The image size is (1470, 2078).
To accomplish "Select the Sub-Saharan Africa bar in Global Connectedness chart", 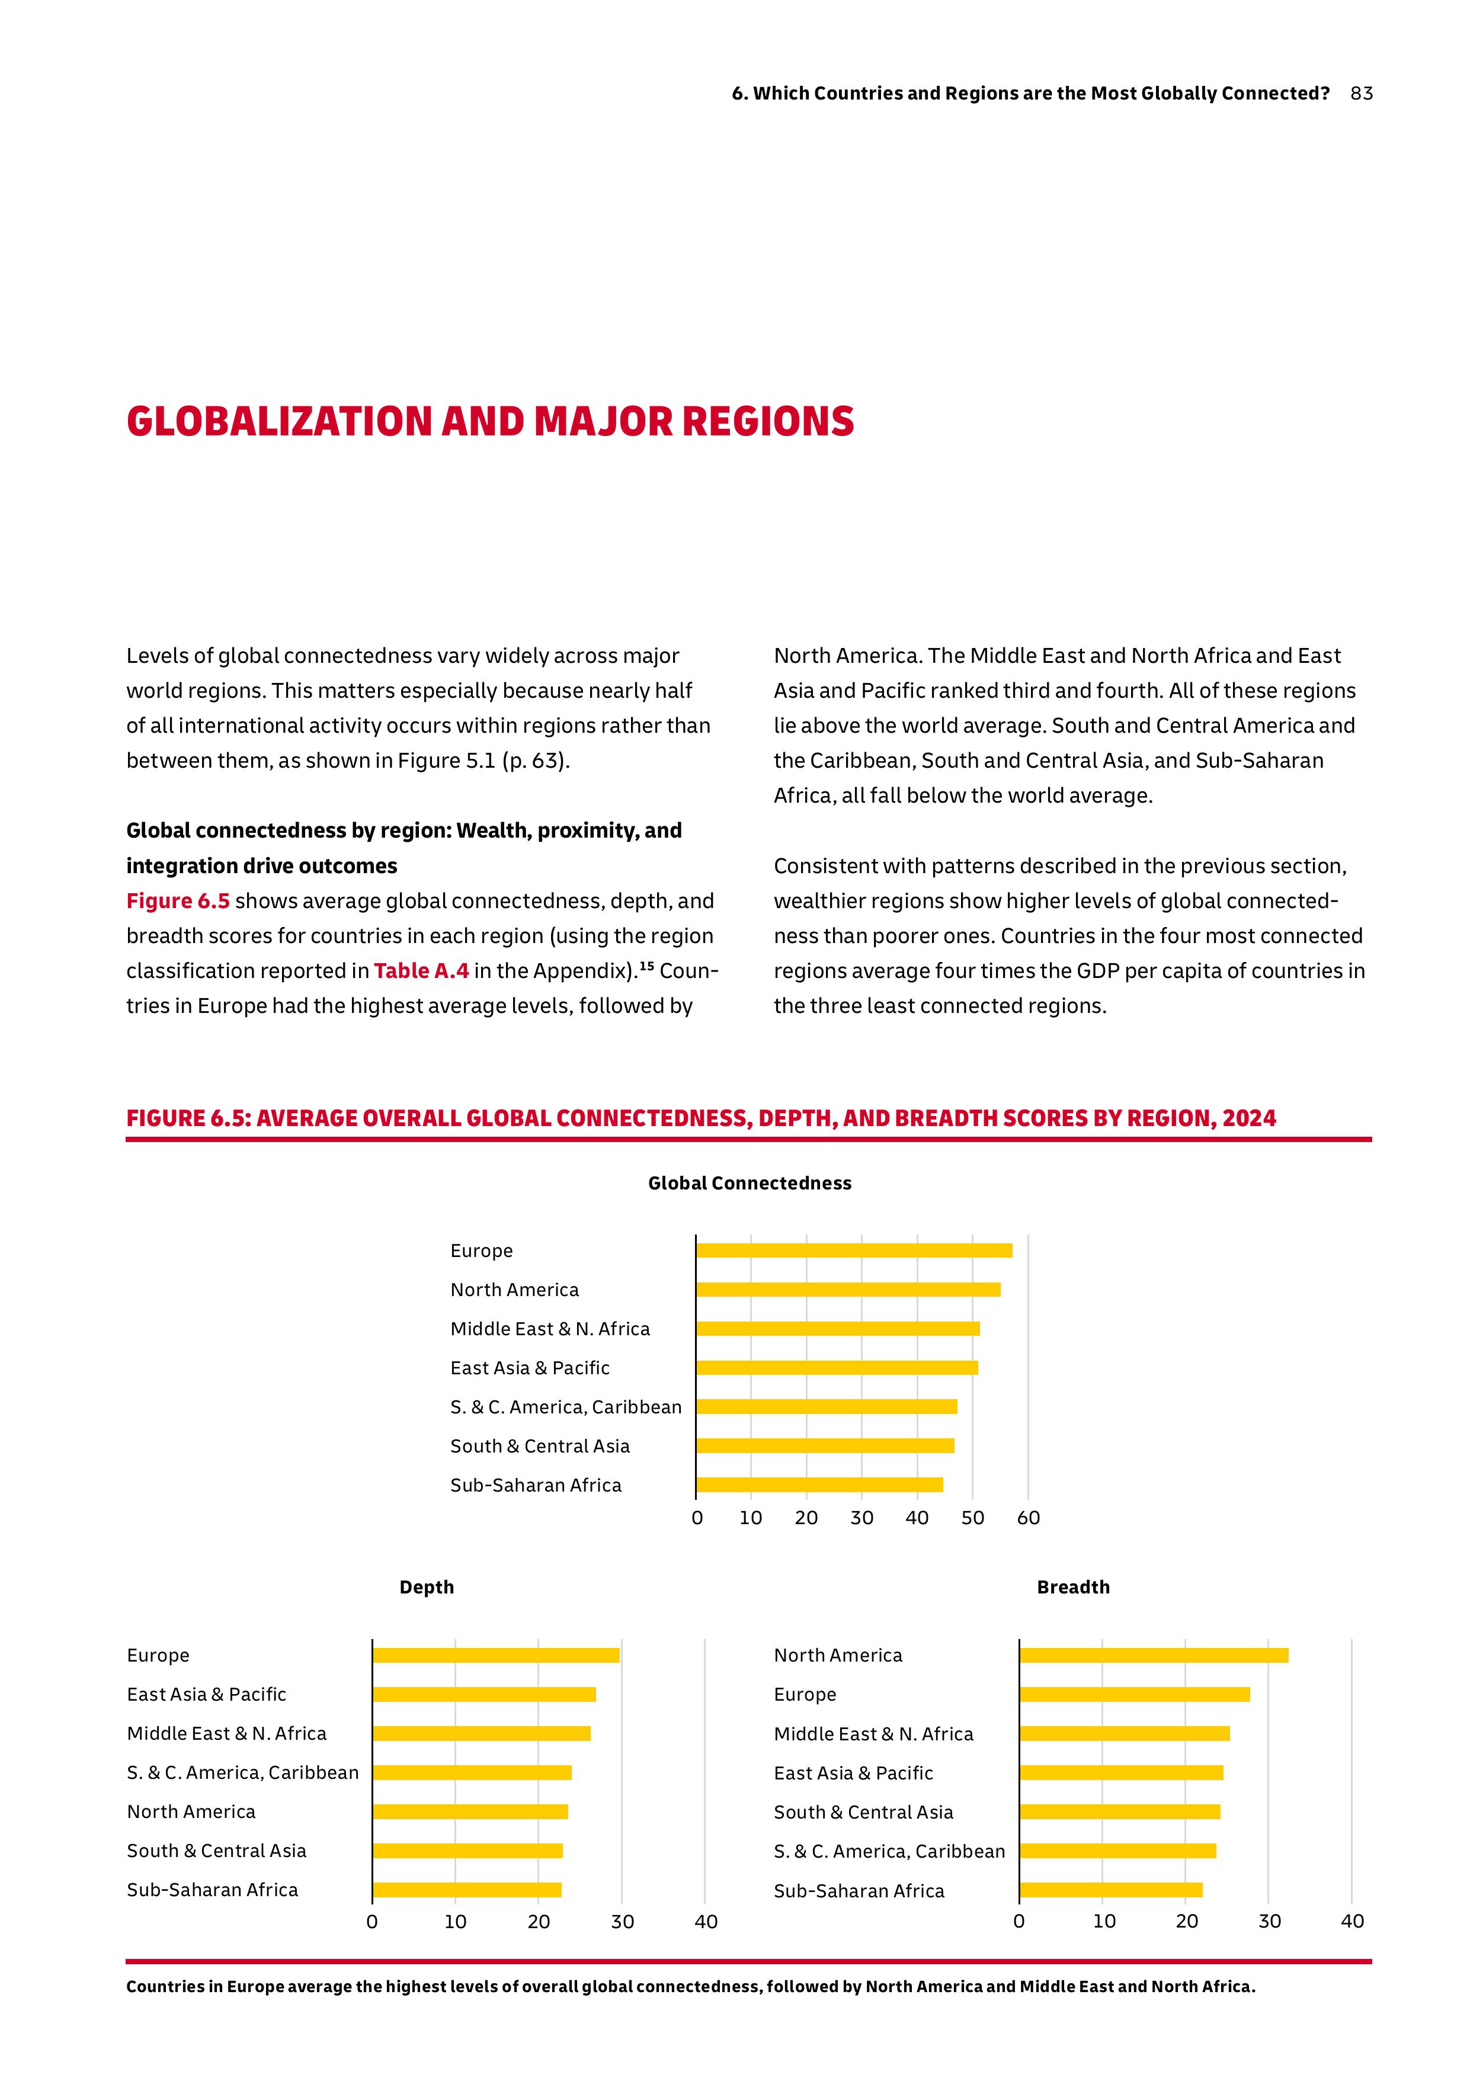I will (819, 1484).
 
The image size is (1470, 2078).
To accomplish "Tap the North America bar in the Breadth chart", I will (1153, 1655).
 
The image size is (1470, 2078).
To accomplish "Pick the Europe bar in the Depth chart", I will (496, 1655).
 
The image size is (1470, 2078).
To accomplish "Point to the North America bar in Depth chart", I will (470, 1812).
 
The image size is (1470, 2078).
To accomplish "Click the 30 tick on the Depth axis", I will (622, 1922).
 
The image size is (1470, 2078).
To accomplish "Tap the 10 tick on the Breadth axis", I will (1103, 1922).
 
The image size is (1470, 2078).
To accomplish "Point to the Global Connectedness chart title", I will (750, 1183).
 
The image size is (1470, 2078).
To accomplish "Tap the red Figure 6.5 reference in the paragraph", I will (177, 902).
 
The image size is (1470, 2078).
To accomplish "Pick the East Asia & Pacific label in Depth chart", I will (206, 1694).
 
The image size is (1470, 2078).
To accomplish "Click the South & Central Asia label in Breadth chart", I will (863, 1812).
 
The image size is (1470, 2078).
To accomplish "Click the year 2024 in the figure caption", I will (1248, 1118).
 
